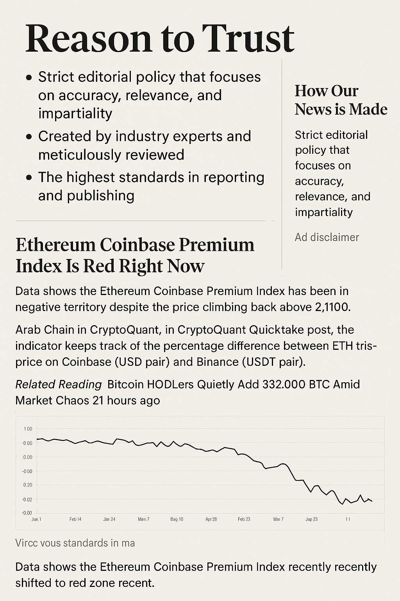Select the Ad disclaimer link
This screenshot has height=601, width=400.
pos(327,237)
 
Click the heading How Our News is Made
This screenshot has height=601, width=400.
pos(341,100)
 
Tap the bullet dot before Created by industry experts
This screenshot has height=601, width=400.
pos(29,137)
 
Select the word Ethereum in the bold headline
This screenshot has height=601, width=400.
pos(55,245)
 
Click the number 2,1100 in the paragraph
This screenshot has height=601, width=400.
pos(332,307)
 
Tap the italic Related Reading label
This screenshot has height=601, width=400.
pos(59,385)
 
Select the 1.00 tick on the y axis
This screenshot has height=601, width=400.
pos(28,429)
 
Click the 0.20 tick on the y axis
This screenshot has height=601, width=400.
pos(28,485)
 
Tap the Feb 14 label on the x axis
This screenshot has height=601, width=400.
pos(75,519)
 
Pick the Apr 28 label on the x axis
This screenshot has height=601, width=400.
pos(211,519)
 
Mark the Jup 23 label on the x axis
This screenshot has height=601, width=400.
pos(311,519)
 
